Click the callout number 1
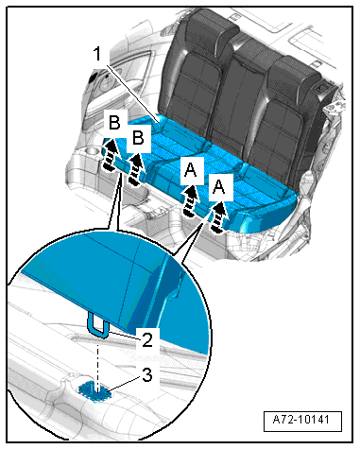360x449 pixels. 98,54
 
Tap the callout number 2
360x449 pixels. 147,339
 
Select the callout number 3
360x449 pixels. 147,374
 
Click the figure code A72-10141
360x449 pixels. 302,420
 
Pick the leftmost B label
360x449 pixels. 114,122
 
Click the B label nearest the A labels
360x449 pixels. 138,137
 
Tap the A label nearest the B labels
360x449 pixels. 191,170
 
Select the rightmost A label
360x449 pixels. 219,186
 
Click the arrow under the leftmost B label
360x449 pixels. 110,156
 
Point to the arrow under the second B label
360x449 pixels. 135,169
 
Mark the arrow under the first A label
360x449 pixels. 191,201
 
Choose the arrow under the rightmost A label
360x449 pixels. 219,218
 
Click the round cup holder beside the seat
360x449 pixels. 92,152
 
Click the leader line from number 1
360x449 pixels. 132,94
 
